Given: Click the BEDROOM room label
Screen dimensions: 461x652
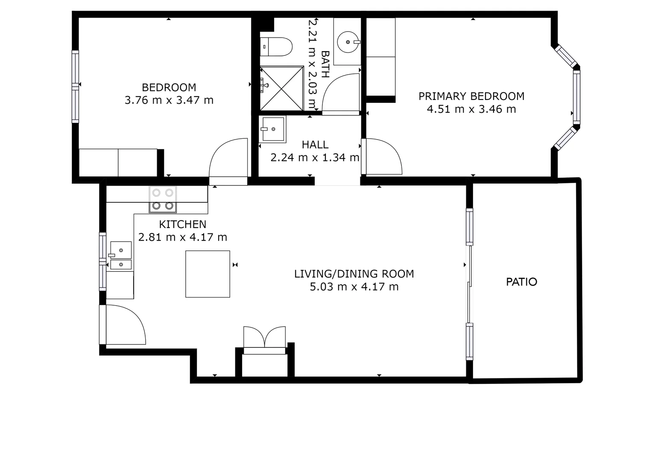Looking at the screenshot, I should pos(169,88).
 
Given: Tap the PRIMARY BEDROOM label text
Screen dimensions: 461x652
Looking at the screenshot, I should pos(471,96).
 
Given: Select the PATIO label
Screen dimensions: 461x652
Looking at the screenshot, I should pos(521,282).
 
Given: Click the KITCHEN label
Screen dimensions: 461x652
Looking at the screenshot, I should pos(182,225).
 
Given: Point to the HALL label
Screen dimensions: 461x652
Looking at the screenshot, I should pos(315,145).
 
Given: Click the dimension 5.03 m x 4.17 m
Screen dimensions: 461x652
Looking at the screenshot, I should pos(354,287).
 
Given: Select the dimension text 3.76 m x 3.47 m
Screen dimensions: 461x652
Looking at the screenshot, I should pos(169,100).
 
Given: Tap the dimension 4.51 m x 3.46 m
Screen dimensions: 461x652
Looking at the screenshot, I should pos(471,109).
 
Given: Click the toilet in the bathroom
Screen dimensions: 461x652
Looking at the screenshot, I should pos(277,47).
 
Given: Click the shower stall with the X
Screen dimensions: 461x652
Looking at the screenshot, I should pos(282,88).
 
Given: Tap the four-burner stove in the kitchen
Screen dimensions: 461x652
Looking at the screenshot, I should pos(163,199).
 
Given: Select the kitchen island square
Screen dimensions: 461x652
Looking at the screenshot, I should pos(208,274).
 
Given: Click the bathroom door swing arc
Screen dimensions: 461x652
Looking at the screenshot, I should pos(340,94).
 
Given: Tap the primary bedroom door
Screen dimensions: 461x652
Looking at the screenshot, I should pos(382,157).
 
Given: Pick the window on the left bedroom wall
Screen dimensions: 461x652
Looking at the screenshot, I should pos(75,87).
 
